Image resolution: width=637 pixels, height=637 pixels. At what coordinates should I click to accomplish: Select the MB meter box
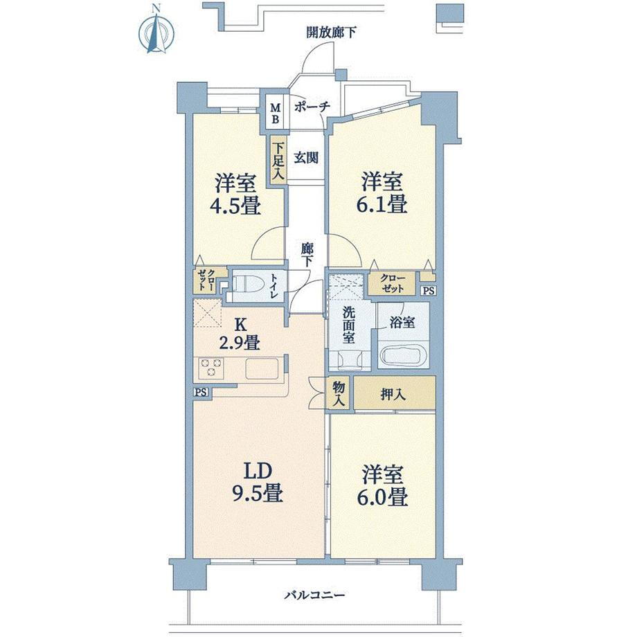tap(276, 114)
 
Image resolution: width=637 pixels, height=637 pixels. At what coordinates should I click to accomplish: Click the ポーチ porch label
tap(312, 107)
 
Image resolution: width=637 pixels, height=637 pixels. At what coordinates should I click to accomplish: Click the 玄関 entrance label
tap(306, 158)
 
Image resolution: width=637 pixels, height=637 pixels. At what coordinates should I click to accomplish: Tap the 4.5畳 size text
tap(235, 206)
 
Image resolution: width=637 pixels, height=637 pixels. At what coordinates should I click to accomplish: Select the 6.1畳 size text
tap(382, 204)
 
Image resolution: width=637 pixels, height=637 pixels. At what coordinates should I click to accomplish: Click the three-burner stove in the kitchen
tap(210, 367)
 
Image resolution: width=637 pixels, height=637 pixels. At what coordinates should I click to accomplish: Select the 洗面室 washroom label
tap(348, 325)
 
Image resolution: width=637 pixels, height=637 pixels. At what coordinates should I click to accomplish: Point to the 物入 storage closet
tap(339, 394)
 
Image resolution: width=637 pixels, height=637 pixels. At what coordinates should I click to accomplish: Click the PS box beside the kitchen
tap(201, 393)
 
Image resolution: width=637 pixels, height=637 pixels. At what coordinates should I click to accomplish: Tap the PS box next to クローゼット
tap(429, 291)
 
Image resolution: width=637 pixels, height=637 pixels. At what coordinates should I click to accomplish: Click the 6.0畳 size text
tap(382, 497)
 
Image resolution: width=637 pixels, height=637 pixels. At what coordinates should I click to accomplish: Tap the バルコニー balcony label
tap(314, 595)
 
